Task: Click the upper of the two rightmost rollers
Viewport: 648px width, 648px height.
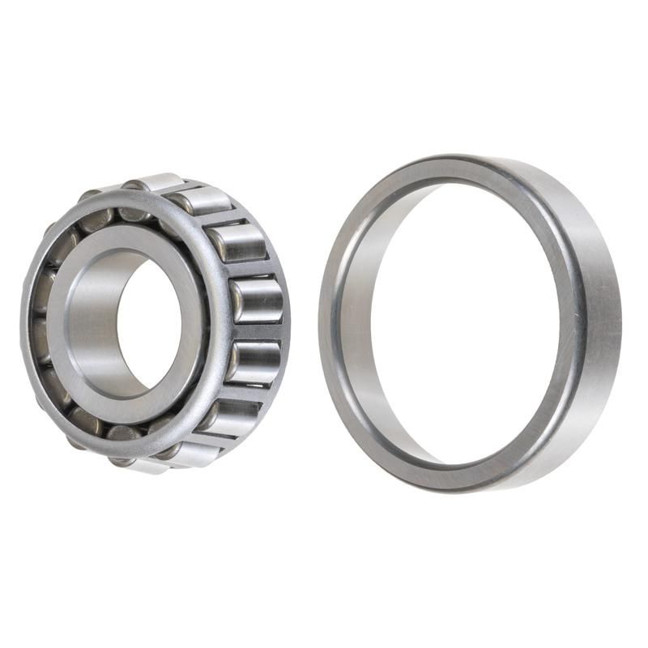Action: click(258, 300)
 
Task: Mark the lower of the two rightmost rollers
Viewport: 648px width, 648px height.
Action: click(254, 360)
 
